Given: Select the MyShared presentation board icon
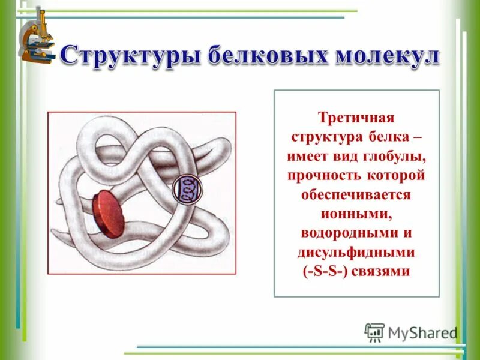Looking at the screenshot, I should pyautogui.click(x=374, y=332).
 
